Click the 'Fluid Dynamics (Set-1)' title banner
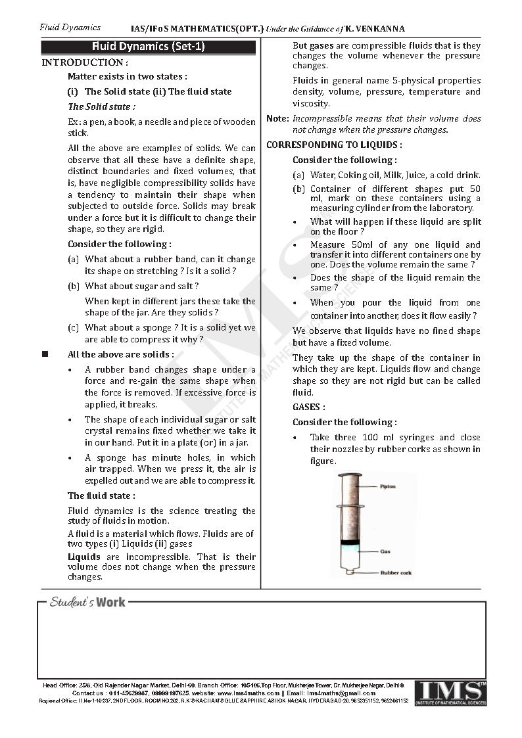coord(148,47)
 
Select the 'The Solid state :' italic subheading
coord(102,106)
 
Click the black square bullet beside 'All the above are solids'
coord(45,354)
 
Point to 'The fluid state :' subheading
coord(101,496)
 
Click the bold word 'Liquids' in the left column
coord(84,557)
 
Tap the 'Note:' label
coord(277,119)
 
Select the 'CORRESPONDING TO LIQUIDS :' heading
coord(334,145)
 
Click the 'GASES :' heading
coord(309,407)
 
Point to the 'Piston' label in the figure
coord(387,487)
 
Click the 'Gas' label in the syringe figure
coord(385,551)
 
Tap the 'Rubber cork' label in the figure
coord(396,573)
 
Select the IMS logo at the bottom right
coord(450,693)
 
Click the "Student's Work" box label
coord(87,602)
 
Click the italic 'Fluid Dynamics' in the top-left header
coord(70,28)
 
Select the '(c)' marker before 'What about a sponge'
coord(74,327)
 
